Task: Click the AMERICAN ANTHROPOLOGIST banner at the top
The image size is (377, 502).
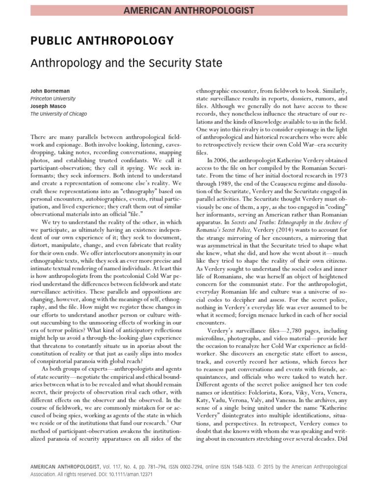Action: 188,10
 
